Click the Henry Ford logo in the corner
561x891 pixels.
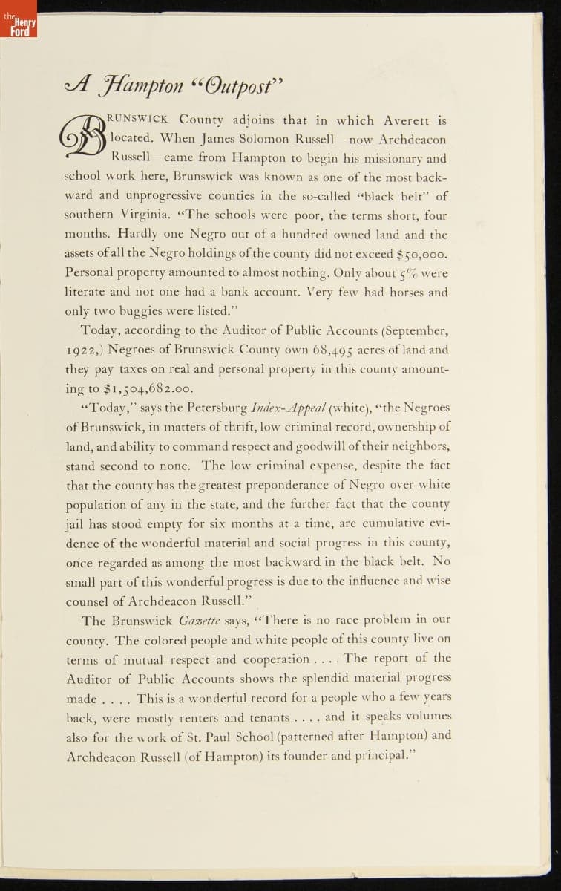point(17,27)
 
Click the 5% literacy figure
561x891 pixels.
point(406,273)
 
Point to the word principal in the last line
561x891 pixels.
point(379,756)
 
